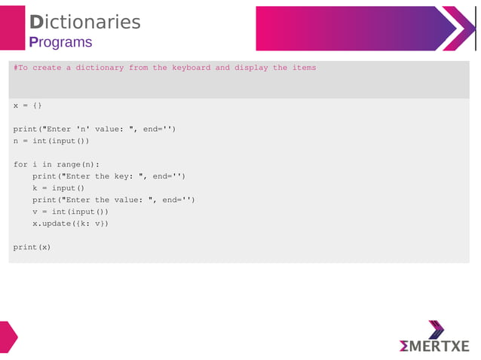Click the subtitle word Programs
(60, 42)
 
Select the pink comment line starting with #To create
(164, 68)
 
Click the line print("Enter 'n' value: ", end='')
(94, 129)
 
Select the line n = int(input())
(51, 141)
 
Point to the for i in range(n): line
(56, 164)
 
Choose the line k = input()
(58, 188)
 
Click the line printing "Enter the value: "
(113, 200)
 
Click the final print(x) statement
(32, 247)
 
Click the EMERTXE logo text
(434, 346)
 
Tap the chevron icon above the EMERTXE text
(436, 329)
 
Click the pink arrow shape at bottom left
(8, 337)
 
